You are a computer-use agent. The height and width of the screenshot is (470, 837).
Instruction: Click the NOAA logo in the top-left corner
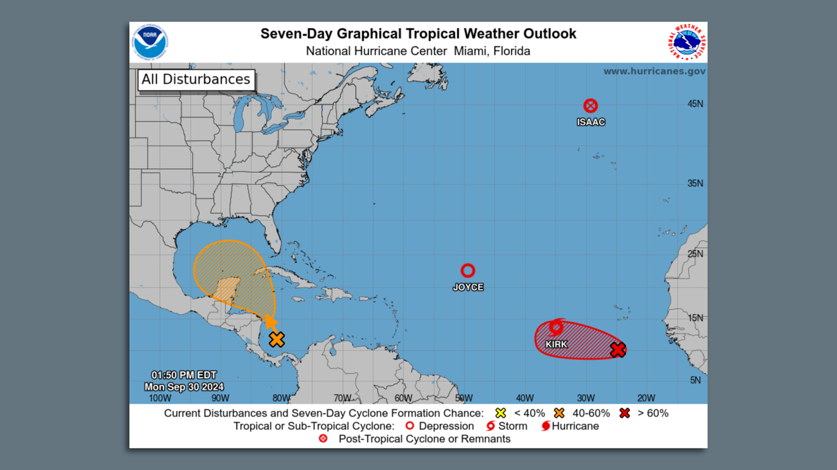(x=150, y=42)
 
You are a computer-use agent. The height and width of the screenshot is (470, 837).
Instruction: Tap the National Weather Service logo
(x=687, y=42)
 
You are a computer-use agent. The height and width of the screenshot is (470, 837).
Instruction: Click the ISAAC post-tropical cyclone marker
(x=590, y=106)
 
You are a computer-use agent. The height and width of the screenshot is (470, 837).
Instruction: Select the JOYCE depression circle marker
(x=468, y=270)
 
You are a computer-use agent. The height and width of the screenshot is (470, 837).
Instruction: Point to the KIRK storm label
(x=556, y=345)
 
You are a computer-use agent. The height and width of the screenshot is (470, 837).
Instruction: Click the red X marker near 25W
(x=618, y=349)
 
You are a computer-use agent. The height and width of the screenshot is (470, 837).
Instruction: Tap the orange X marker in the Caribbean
(x=277, y=339)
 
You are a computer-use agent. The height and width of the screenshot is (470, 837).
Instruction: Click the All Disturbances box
(x=196, y=80)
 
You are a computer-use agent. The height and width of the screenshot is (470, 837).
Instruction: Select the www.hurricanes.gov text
(x=654, y=72)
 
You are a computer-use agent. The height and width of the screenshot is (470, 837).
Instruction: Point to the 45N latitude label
(x=695, y=104)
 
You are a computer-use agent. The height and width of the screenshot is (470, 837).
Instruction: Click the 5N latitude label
(x=695, y=380)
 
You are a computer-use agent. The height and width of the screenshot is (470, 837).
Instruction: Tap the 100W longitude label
(x=160, y=398)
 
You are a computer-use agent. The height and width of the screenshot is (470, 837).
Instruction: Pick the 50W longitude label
(x=464, y=398)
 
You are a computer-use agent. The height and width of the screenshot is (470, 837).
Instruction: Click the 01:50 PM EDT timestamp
(x=184, y=375)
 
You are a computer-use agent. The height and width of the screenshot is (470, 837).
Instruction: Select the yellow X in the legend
(x=501, y=413)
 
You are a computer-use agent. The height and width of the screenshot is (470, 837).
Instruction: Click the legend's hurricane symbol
(x=545, y=426)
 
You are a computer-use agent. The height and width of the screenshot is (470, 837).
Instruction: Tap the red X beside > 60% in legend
(x=624, y=413)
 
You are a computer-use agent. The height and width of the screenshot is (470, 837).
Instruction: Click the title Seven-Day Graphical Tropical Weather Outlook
(x=418, y=34)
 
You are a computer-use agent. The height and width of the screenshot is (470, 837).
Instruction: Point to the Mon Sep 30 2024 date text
(x=184, y=387)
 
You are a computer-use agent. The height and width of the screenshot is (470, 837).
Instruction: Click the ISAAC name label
(x=591, y=122)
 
